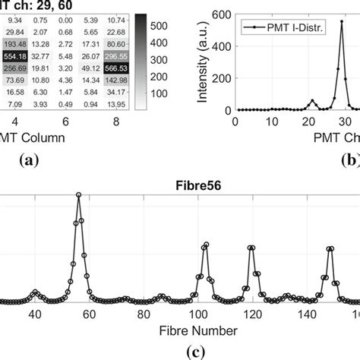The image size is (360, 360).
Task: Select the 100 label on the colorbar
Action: (159, 95)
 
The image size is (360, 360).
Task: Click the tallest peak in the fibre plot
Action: (78, 194)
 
